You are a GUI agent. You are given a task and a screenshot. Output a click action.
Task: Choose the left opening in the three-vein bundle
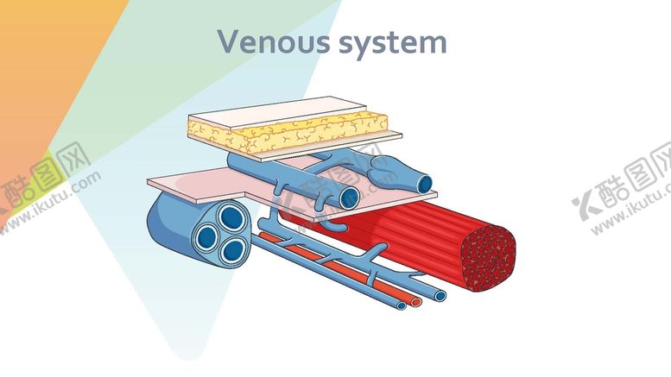point(207,235)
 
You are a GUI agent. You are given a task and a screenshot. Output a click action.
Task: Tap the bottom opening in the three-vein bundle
point(232,250)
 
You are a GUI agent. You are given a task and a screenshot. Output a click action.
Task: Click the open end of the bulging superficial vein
point(423,183)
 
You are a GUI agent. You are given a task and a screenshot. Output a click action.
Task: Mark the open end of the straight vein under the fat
point(349,198)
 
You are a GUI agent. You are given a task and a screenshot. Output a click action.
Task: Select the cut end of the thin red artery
point(417,302)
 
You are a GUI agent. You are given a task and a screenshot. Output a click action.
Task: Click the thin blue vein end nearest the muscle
point(440,296)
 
